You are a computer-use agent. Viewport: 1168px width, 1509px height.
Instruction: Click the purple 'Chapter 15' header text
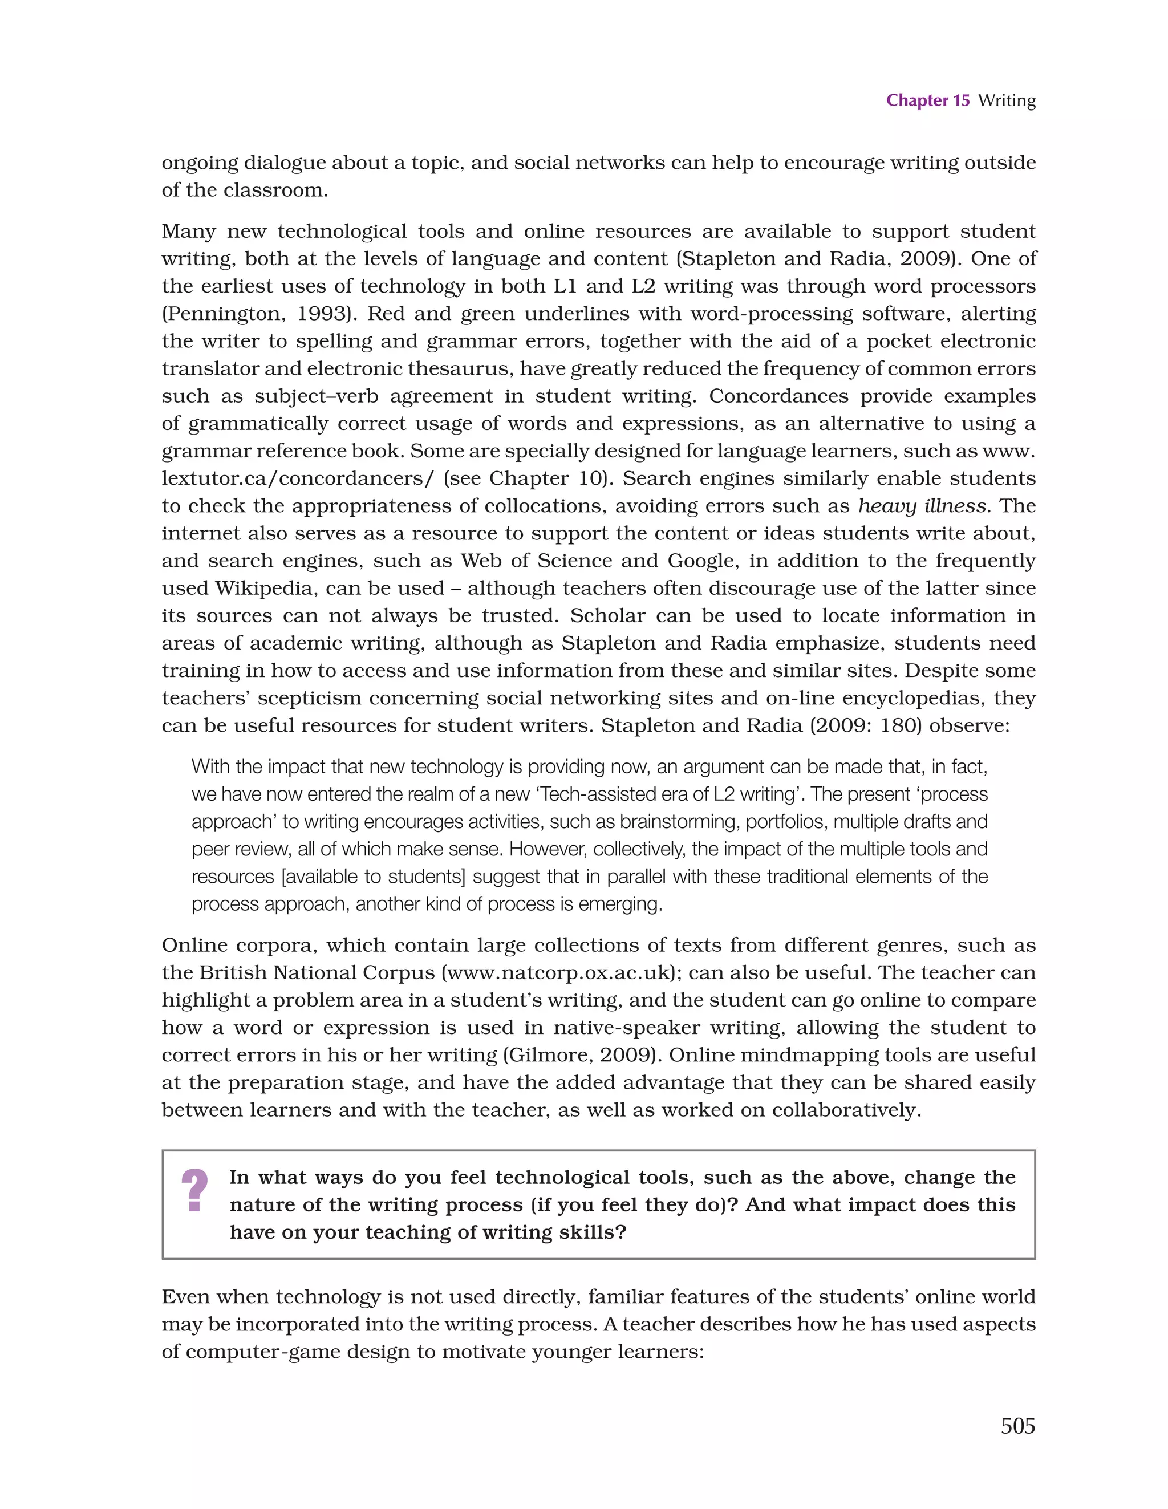[927, 100]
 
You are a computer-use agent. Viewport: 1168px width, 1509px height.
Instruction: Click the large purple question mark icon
[194, 1190]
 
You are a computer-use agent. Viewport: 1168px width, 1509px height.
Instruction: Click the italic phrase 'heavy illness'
[922, 506]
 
